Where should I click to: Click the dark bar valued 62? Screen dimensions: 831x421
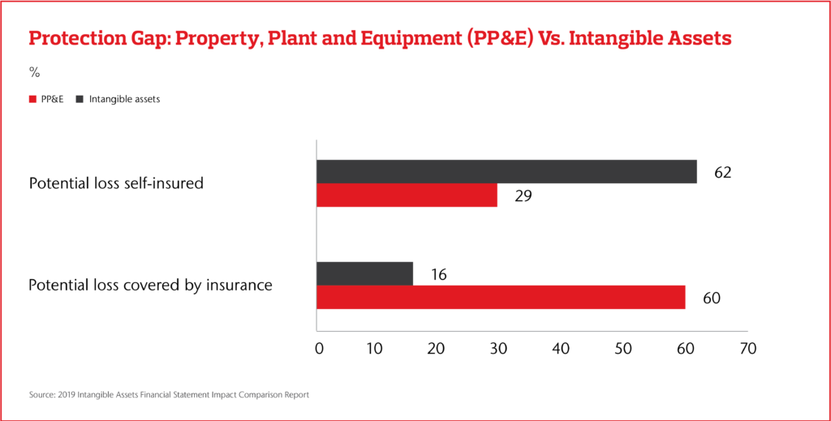pos(506,172)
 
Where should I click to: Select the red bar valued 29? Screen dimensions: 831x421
pos(407,195)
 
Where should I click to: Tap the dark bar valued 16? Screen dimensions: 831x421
pos(364,274)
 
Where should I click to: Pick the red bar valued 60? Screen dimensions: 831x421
pos(501,297)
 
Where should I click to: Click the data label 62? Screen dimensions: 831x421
pos(721,173)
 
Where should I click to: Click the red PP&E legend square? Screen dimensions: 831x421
pos(32,99)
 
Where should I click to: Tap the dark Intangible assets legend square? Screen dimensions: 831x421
pos(80,99)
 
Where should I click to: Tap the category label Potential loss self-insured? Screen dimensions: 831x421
pos(116,184)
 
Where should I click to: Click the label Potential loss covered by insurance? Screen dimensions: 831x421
pos(150,286)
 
